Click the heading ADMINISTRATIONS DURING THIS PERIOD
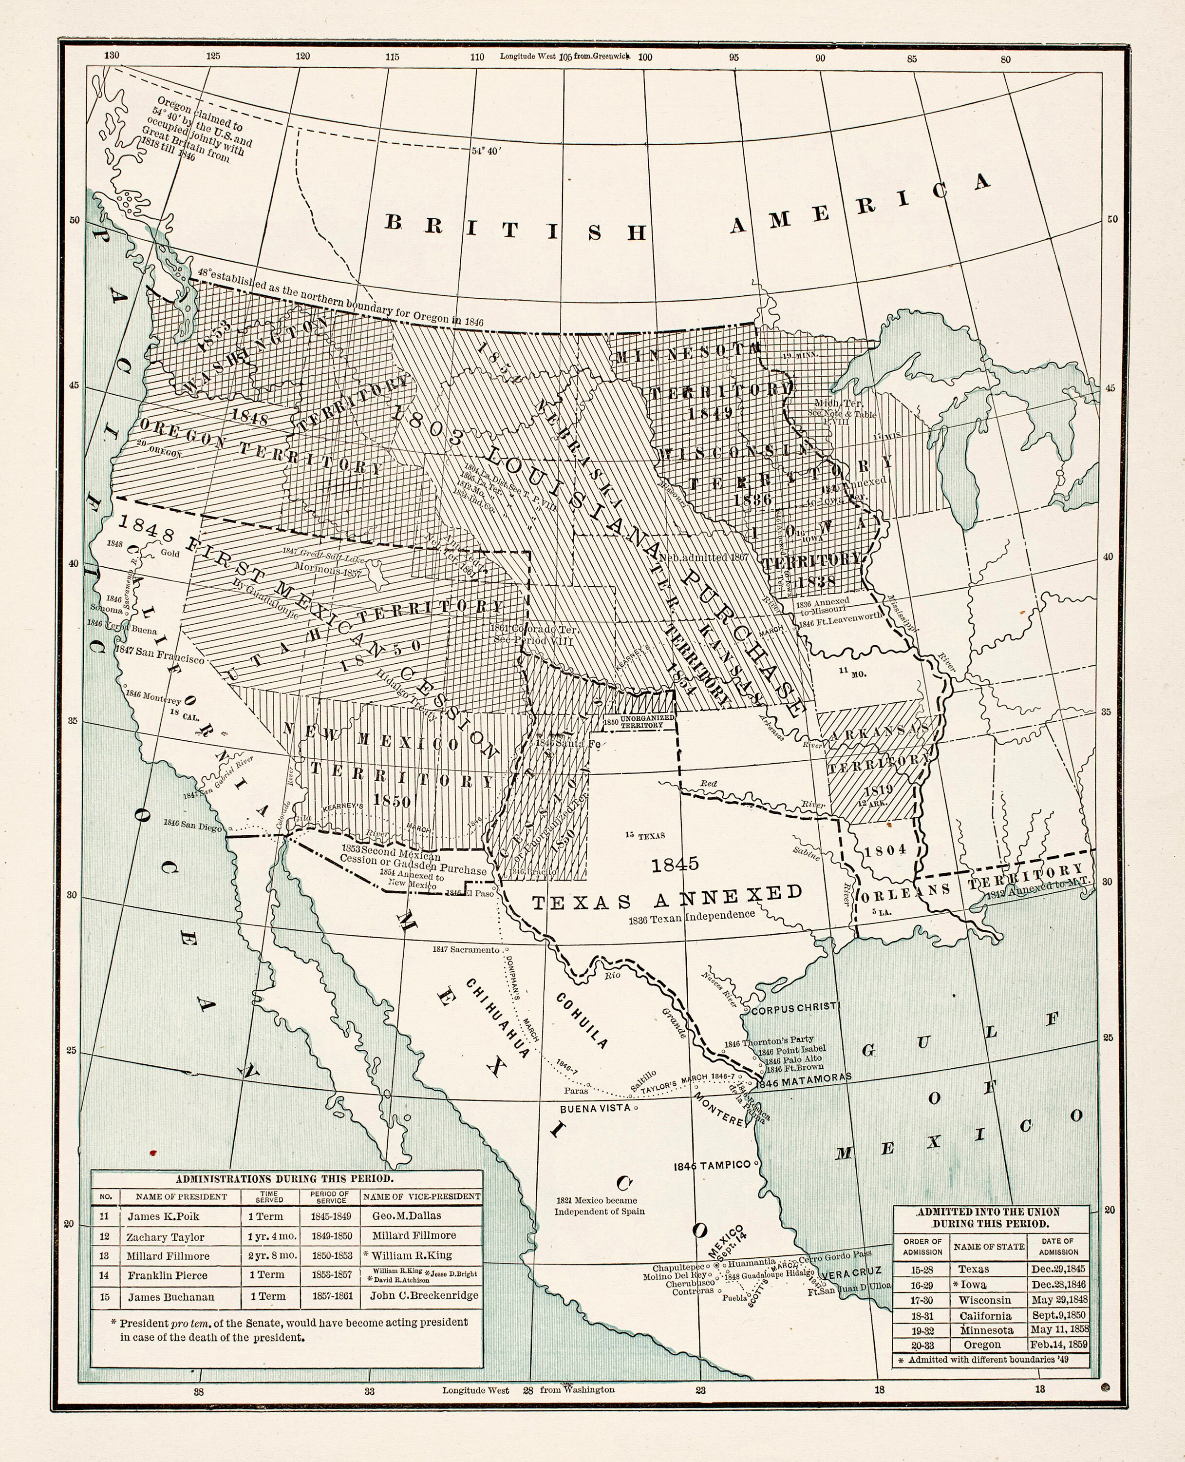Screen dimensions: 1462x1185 click(284, 1178)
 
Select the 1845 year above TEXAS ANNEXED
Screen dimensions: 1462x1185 click(675, 865)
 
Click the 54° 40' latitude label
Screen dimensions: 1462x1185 click(487, 152)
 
